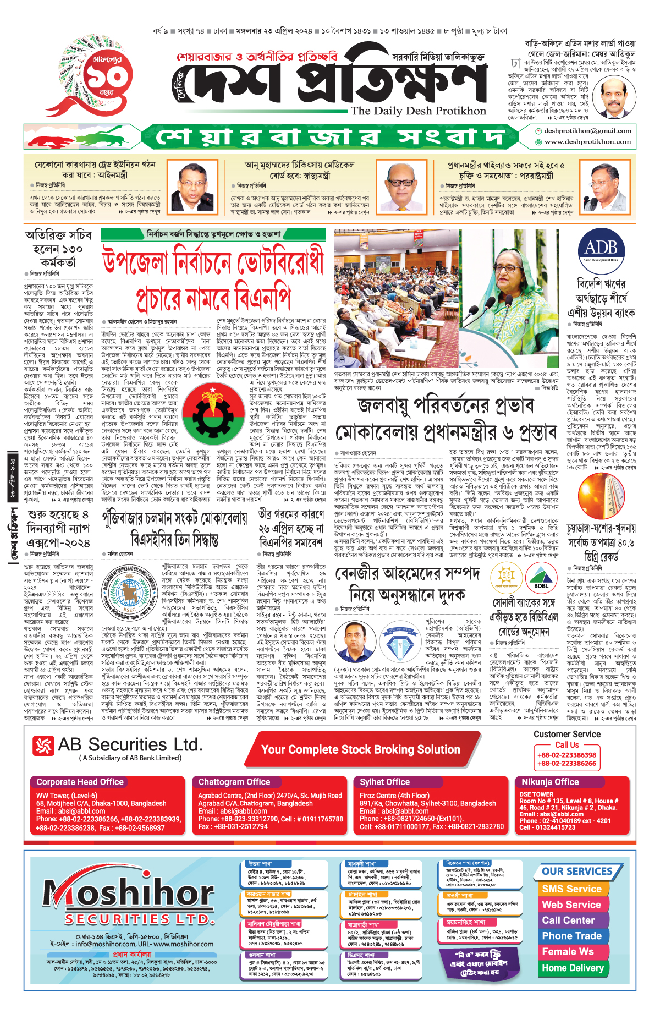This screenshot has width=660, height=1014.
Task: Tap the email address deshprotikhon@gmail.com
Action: [x=587, y=131]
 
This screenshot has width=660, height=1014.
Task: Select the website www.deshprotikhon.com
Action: [x=587, y=142]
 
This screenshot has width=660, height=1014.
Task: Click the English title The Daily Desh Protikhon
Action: [x=419, y=111]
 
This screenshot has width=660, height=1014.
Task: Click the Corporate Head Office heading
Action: [x=80, y=782]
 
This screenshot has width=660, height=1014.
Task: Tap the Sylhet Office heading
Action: [x=384, y=782]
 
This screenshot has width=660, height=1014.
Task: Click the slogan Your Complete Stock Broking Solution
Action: [x=361, y=749]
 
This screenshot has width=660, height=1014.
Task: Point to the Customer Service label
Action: [x=567, y=734]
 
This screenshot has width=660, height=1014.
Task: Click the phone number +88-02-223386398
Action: [x=566, y=755]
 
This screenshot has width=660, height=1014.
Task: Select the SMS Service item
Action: [x=572, y=889]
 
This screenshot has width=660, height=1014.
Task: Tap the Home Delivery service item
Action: [x=573, y=968]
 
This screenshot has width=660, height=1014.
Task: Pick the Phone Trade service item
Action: [x=571, y=936]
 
